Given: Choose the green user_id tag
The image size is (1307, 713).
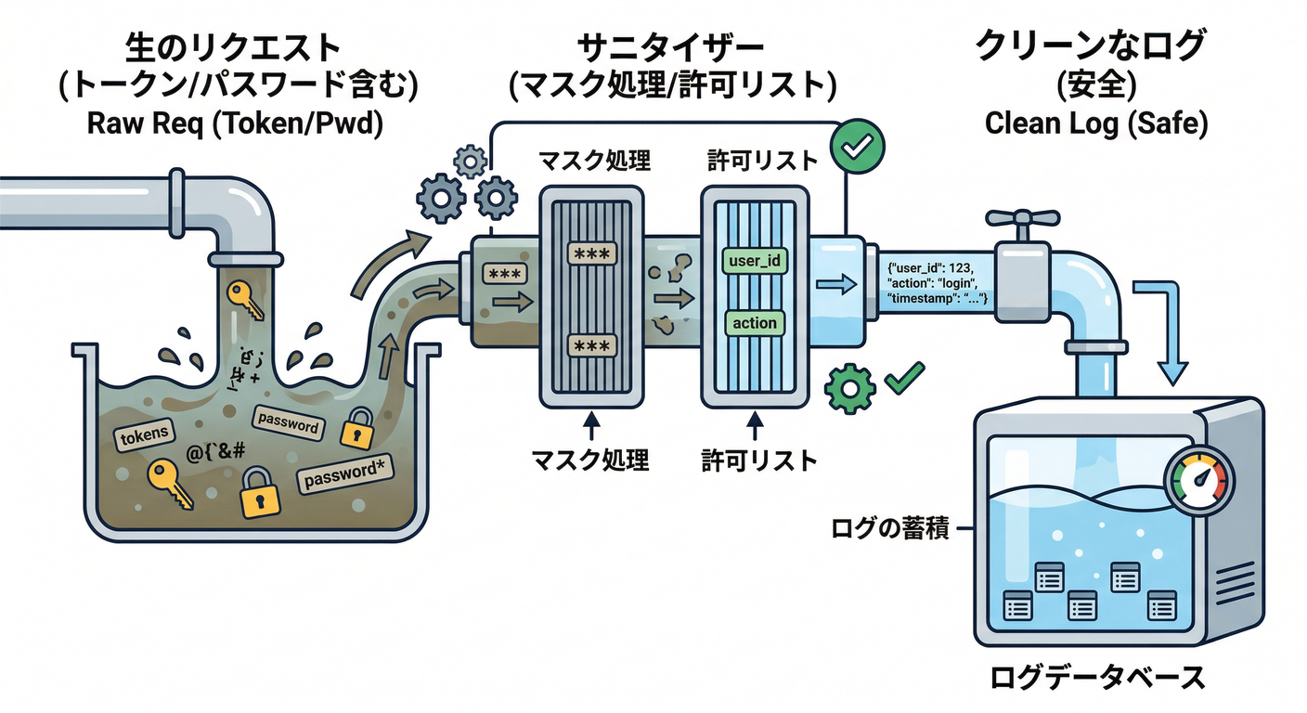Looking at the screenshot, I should pos(755,261).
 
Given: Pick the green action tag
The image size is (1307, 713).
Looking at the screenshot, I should pos(755,323).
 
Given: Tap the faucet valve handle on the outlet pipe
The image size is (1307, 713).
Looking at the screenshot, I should pos(1021,220).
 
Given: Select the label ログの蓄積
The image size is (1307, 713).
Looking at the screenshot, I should pos(888,531).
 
